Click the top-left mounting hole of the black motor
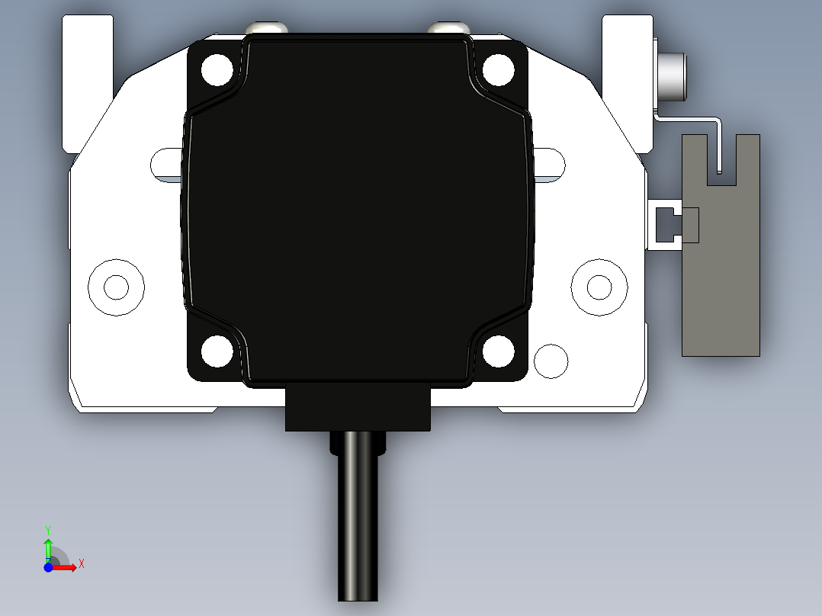coord(217,70)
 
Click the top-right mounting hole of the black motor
coord(498,70)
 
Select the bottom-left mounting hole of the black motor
coord(217,350)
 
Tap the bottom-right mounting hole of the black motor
coord(498,350)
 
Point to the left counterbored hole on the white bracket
coord(116,287)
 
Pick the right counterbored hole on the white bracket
coord(599,287)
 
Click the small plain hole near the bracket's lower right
coord(551,360)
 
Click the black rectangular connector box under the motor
coord(358,410)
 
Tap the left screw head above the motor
coord(266,28)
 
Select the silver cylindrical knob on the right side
coord(673,76)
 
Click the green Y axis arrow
coord(48,544)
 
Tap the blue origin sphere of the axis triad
coord(49,567)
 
